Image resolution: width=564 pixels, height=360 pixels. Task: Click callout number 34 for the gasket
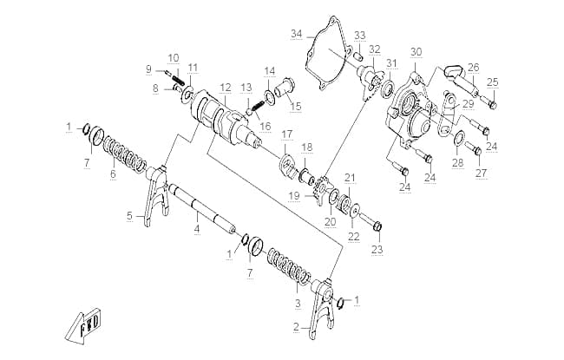pyautogui.click(x=297, y=34)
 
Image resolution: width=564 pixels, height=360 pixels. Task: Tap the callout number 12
pyautogui.click(x=226, y=88)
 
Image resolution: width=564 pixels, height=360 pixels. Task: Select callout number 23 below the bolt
pyautogui.click(x=377, y=249)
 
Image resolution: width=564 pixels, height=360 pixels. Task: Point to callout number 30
pyautogui.click(x=416, y=52)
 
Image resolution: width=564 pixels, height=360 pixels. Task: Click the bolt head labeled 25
pyautogui.click(x=494, y=105)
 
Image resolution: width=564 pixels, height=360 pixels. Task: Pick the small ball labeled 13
pyautogui.click(x=248, y=111)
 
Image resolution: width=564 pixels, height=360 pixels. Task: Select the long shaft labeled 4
pyautogui.click(x=203, y=208)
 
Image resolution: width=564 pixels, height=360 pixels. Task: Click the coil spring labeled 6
pyautogui.click(x=124, y=153)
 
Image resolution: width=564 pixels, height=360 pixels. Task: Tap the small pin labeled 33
pyautogui.click(x=357, y=56)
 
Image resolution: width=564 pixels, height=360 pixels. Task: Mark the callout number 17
pyautogui.click(x=287, y=134)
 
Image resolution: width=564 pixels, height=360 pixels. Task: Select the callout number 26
pyautogui.click(x=474, y=68)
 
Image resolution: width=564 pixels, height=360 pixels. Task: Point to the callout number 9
pyautogui.click(x=148, y=69)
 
